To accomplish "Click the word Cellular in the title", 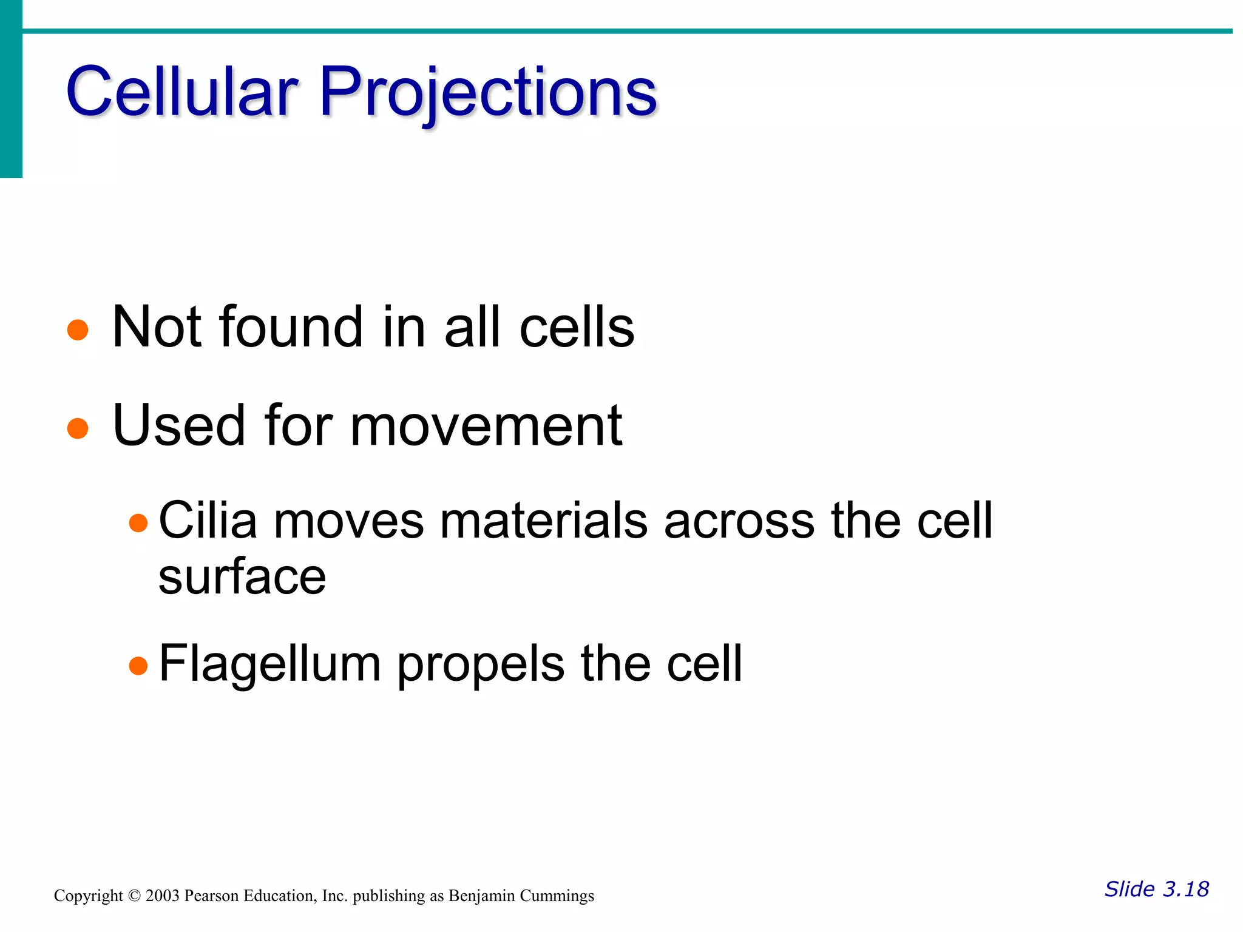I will pyautogui.click(x=182, y=92).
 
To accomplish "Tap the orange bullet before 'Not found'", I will pyautogui.click(x=78, y=330).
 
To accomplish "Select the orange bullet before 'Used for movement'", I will pyautogui.click(x=78, y=428).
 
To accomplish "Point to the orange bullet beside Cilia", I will pyautogui.click(x=138, y=522).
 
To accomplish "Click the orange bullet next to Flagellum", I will pyautogui.click(x=138, y=666).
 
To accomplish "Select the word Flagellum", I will pyautogui.click(x=269, y=664).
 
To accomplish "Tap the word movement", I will pyautogui.click(x=486, y=426).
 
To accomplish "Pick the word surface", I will pyautogui.click(x=242, y=576).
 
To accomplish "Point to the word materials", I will pyautogui.click(x=543, y=521).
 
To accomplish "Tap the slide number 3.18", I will pyautogui.click(x=1185, y=890).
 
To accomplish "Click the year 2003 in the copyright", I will pyautogui.click(x=162, y=896).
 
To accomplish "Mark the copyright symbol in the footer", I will pyautogui.click(x=134, y=896).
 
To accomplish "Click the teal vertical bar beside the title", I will pyautogui.click(x=11, y=91).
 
